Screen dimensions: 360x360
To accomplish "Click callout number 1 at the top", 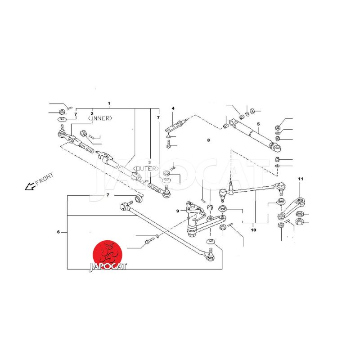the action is click(109, 103).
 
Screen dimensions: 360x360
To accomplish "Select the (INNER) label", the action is click(100, 118).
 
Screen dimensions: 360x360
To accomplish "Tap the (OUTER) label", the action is click(146, 168).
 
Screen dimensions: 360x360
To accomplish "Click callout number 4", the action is click(173, 108).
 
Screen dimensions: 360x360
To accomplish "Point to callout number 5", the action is click(258, 124).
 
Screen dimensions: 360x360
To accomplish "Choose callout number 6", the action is click(58, 232).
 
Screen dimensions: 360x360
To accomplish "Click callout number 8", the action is click(208, 140).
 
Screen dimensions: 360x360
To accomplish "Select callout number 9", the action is click(177, 211).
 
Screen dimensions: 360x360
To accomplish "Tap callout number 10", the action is click(253, 230).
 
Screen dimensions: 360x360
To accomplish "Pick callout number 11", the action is click(301, 179).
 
